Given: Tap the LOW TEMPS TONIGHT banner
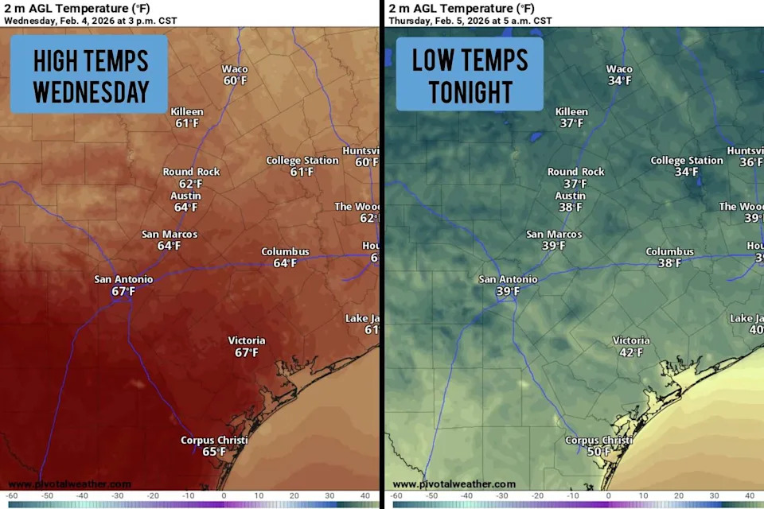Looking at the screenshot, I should click(470, 76).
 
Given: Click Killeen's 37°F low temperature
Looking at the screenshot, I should click(571, 123).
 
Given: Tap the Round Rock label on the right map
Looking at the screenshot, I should click(575, 172).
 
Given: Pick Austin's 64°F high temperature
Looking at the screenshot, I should click(185, 208).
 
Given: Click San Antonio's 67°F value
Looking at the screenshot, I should click(123, 292).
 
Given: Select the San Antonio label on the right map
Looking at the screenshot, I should click(508, 279).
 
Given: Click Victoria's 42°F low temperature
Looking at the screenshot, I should click(630, 352).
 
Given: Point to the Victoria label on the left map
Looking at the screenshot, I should click(247, 340).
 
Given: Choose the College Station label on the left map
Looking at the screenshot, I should click(302, 161).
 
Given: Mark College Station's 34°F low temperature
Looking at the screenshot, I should click(686, 172).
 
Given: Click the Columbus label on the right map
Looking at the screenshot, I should click(669, 252).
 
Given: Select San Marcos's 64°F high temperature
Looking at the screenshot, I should click(169, 246).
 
